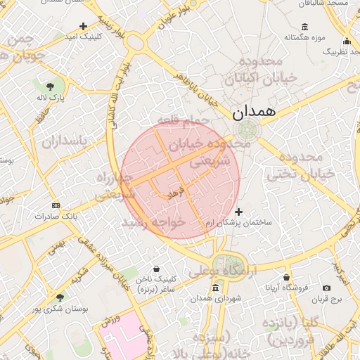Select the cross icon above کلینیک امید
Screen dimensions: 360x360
[84, 26]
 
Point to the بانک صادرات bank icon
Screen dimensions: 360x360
[56, 205]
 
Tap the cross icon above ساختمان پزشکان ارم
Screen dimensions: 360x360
[238, 212]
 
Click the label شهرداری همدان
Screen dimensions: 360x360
[220, 299]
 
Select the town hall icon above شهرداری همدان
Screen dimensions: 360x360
[215, 288]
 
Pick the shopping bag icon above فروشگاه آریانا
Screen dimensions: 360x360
[286, 278]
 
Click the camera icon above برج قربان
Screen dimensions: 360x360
[327, 288]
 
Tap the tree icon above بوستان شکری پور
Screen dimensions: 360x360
[60, 298]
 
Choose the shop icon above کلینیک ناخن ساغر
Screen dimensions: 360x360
[156, 269]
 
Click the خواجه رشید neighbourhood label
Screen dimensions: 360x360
[153, 221]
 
